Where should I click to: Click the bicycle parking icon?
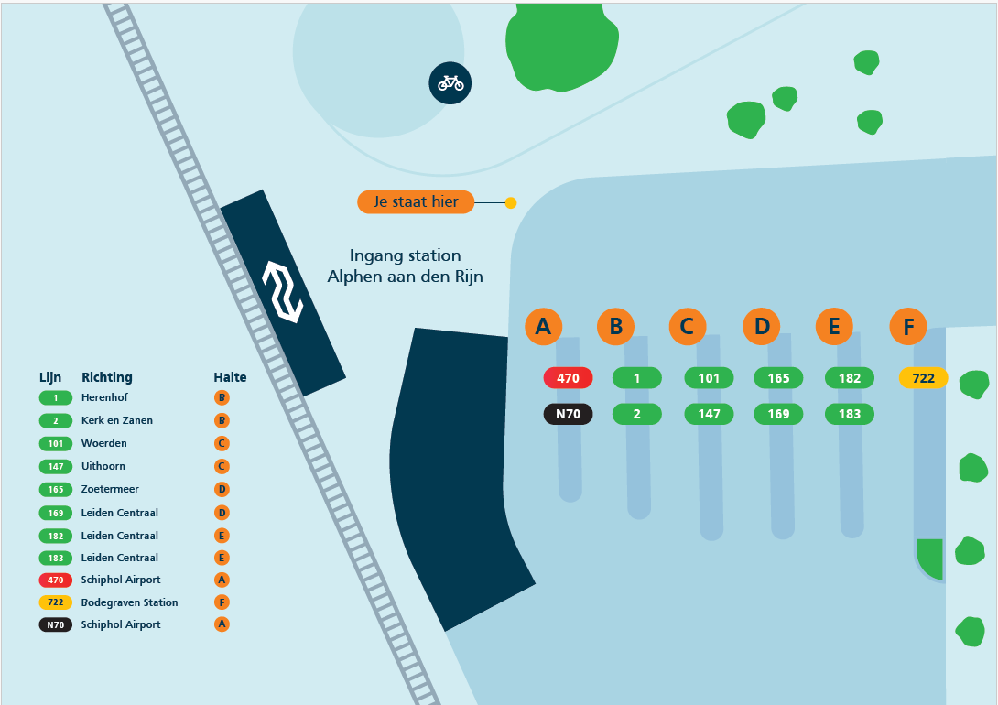coord(450,82)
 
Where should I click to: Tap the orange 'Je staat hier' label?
coord(416,201)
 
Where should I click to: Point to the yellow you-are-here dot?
coord(511,203)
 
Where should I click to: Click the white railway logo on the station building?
coord(283,291)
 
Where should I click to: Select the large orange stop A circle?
coord(543,327)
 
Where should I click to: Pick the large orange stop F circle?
coord(907,327)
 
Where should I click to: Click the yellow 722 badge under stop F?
coord(923,378)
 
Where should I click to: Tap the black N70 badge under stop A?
coord(568,414)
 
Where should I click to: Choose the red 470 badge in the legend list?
coord(55,580)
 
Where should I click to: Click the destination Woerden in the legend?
coord(103,443)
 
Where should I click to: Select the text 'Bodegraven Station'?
coord(129,602)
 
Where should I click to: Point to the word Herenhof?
coord(104,397)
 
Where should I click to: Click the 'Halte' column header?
coord(230,377)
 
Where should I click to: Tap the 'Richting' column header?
coord(107,377)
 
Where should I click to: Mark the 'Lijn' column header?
coord(50,377)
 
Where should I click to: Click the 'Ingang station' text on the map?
coord(405,255)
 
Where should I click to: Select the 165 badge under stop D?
coord(778,378)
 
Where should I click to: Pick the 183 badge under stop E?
coord(849,414)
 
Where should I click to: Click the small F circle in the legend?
coord(222,602)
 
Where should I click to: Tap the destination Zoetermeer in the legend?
coord(110,489)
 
